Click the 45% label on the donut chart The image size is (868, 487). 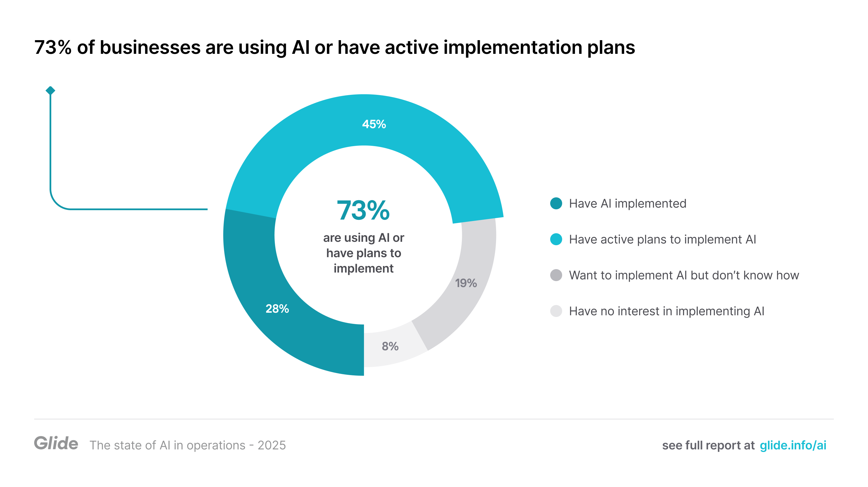point(374,124)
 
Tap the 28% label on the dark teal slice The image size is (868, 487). point(277,308)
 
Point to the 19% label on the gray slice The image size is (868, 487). point(466,283)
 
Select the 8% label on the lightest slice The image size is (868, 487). point(390,346)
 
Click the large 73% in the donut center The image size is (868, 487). point(363,210)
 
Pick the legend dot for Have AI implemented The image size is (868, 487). point(556,203)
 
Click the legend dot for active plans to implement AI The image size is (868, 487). point(556,239)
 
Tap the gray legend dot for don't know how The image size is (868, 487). point(556,275)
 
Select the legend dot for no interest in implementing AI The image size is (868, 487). point(556,311)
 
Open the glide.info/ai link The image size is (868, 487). point(793,445)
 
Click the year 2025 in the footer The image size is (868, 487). point(272,445)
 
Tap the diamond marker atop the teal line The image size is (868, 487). point(50,90)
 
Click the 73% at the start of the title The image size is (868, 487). point(53,47)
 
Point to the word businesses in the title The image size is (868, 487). point(150,47)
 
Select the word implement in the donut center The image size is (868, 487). point(363,269)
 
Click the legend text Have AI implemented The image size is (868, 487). point(627,203)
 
